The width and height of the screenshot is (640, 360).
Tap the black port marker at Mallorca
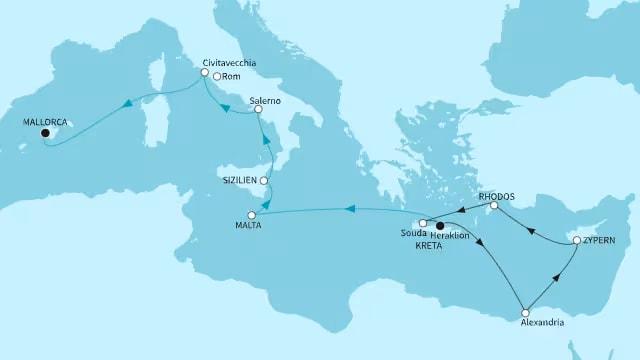45,133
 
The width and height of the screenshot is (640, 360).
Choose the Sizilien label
240,181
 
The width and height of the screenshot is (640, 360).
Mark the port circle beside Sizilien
264,181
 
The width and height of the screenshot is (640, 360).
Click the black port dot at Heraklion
441,226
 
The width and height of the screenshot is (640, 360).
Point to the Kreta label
430,246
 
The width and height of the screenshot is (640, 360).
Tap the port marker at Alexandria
525,313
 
